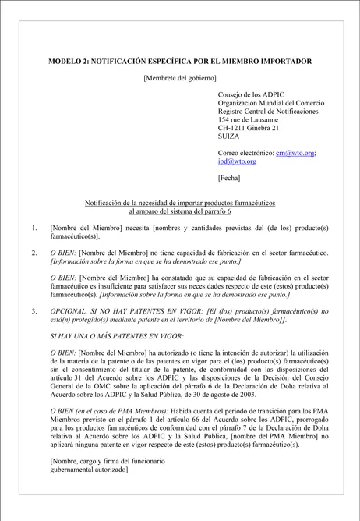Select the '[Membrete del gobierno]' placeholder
click(180, 77)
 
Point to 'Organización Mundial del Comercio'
click(271, 103)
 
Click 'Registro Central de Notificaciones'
click(268, 112)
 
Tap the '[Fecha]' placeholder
click(229, 178)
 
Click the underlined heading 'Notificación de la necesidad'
click(180, 203)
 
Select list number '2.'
click(34, 253)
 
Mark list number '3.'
click(34, 310)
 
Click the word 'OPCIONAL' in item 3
click(69, 310)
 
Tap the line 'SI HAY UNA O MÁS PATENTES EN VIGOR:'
click(116, 335)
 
